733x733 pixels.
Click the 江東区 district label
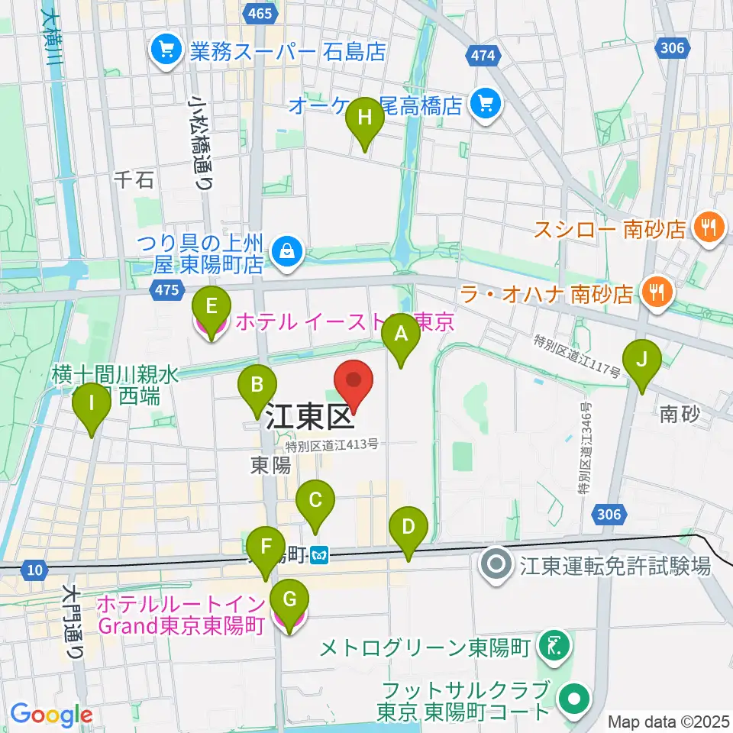[x=309, y=418]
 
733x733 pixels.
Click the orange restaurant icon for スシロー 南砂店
[x=709, y=228]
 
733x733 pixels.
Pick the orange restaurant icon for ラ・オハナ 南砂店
[x=655, y=292]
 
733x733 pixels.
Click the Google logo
[x=51, y=713]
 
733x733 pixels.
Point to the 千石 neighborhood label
[x=134, y=179]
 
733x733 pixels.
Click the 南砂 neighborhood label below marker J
[x=680, y=414]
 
